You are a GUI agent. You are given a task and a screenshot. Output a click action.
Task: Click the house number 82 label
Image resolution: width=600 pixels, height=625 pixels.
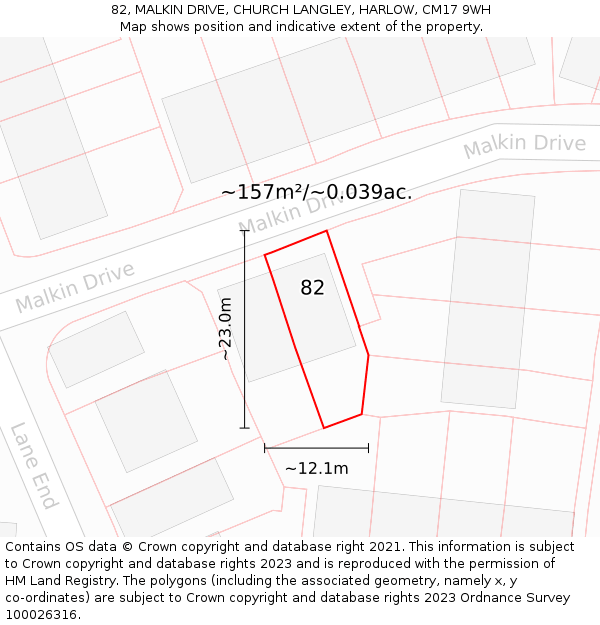tap(312, 288)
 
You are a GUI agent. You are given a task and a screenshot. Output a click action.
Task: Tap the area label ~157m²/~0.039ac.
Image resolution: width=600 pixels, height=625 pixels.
tap(316, 192)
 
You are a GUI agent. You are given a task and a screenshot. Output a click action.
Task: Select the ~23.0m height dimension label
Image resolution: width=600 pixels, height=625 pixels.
tap(226, 329)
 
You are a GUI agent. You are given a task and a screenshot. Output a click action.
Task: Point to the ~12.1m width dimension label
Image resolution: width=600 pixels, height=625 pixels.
tap(316, 468)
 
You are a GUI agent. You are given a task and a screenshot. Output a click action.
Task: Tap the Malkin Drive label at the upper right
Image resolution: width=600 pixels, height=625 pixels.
tap(524, 146)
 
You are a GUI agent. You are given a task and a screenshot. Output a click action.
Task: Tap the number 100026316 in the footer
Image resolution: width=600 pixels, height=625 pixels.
tap(41, 615)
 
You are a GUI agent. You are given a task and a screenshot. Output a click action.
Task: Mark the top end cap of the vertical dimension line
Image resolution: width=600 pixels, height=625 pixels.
tap(244, 231)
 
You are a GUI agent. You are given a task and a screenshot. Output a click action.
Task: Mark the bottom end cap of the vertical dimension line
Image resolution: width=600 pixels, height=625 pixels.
tap(244, 428)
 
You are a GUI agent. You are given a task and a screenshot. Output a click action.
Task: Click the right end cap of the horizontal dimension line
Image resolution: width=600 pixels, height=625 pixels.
tap(368, 448)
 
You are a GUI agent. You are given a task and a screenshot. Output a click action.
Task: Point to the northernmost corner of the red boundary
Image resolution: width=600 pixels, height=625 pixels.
tap(327, 231)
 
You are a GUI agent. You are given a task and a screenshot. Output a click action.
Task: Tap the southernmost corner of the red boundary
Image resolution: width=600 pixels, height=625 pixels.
tap(323, 428)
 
